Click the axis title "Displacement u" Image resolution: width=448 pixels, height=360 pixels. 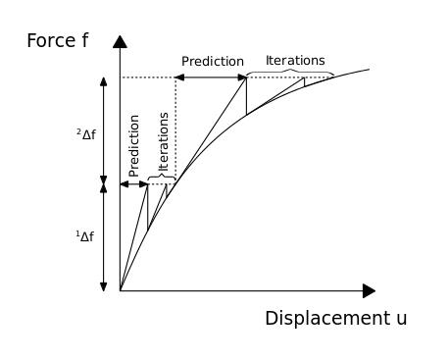[x=335, y=319]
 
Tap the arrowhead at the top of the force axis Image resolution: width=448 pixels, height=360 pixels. [x=120, y=41]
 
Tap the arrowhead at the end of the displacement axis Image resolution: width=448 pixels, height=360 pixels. [x=369, y=290]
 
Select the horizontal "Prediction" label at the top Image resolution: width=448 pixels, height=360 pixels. [x=213, y=61]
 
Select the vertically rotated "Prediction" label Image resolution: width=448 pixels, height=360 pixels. [x=134, y=145]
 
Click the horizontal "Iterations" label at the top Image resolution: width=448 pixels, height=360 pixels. [x=295, y=60]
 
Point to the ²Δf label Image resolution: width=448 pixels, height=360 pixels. [x=86, y=133]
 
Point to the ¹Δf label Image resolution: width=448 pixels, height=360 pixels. [x=86, y=236]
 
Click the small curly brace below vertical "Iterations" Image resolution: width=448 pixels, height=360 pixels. [x=162, y=179]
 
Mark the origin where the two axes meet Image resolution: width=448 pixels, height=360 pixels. [x=120, y=290]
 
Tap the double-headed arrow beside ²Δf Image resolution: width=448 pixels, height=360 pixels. [x=103, y=129]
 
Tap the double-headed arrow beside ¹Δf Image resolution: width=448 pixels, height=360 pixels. [x=103, y=236]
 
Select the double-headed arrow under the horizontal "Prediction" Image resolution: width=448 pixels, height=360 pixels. [x=212, y=77]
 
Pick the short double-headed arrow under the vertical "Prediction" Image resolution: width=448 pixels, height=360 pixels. [x=134, y=183]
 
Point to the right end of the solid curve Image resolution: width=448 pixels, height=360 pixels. [x=369, y=69]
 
